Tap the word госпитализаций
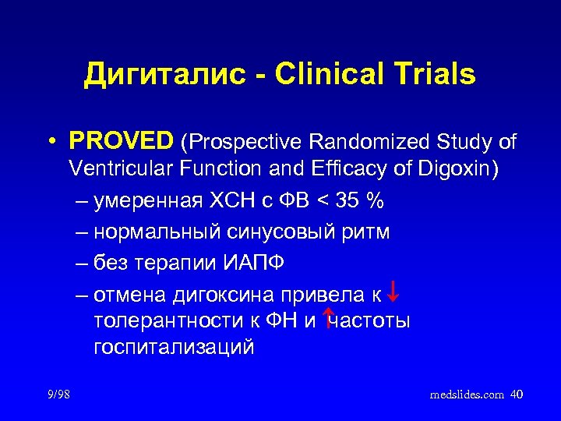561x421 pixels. [174, 347]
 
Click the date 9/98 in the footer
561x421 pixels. [58, 394]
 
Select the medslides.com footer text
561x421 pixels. [466, 395]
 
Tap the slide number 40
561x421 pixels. [516, 394]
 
